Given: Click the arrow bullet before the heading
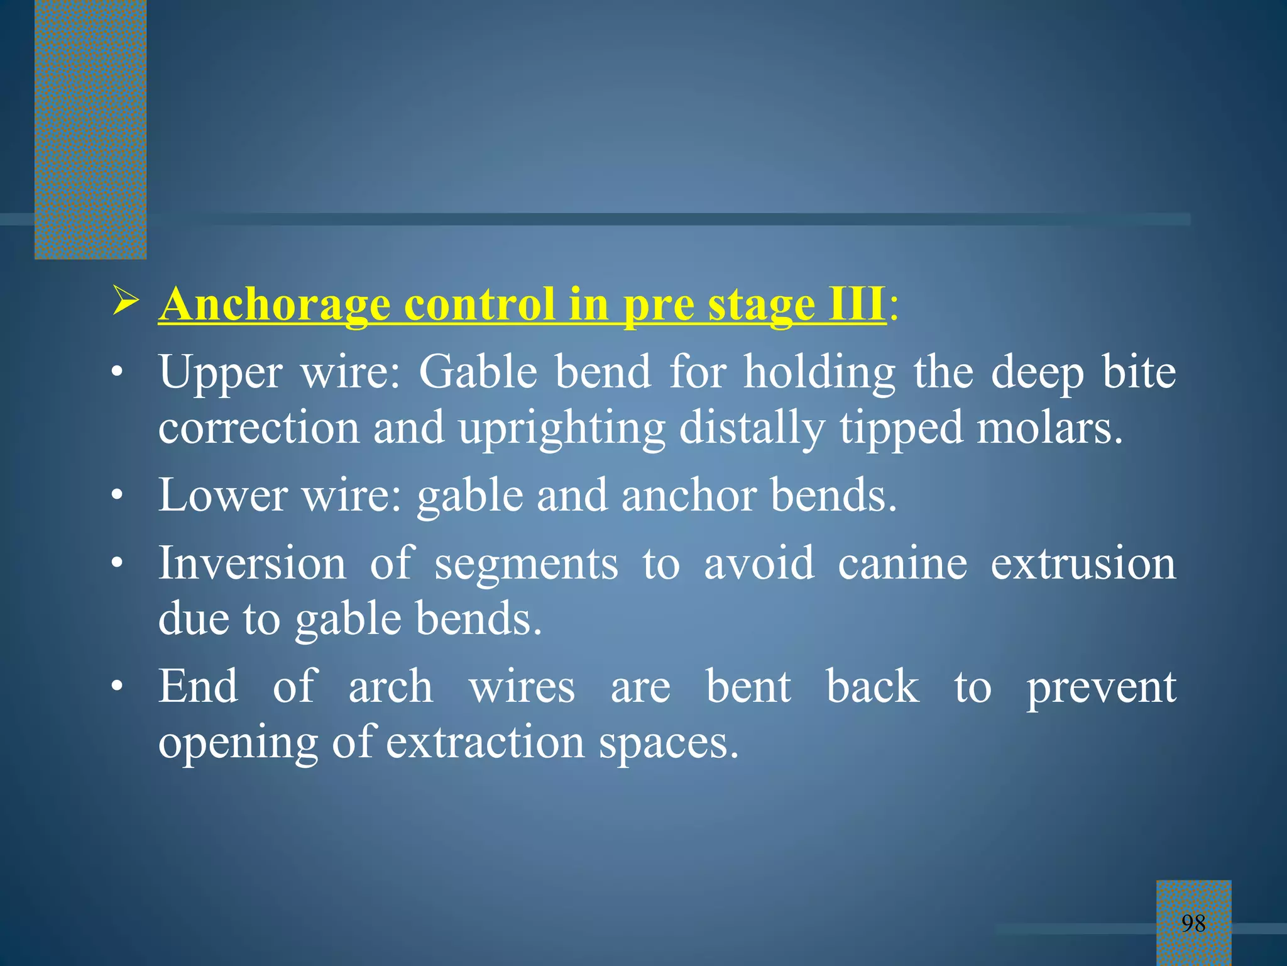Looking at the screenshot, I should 125,300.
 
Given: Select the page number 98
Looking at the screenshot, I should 1193,923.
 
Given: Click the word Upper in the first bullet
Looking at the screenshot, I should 219,373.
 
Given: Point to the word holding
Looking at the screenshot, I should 819,373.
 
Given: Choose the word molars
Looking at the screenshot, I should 1049,428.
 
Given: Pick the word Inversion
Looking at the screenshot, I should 252,563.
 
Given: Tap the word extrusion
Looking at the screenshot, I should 1083,563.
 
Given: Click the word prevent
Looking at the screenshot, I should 1101,687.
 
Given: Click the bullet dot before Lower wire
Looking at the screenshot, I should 116,496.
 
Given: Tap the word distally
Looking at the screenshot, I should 752,428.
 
